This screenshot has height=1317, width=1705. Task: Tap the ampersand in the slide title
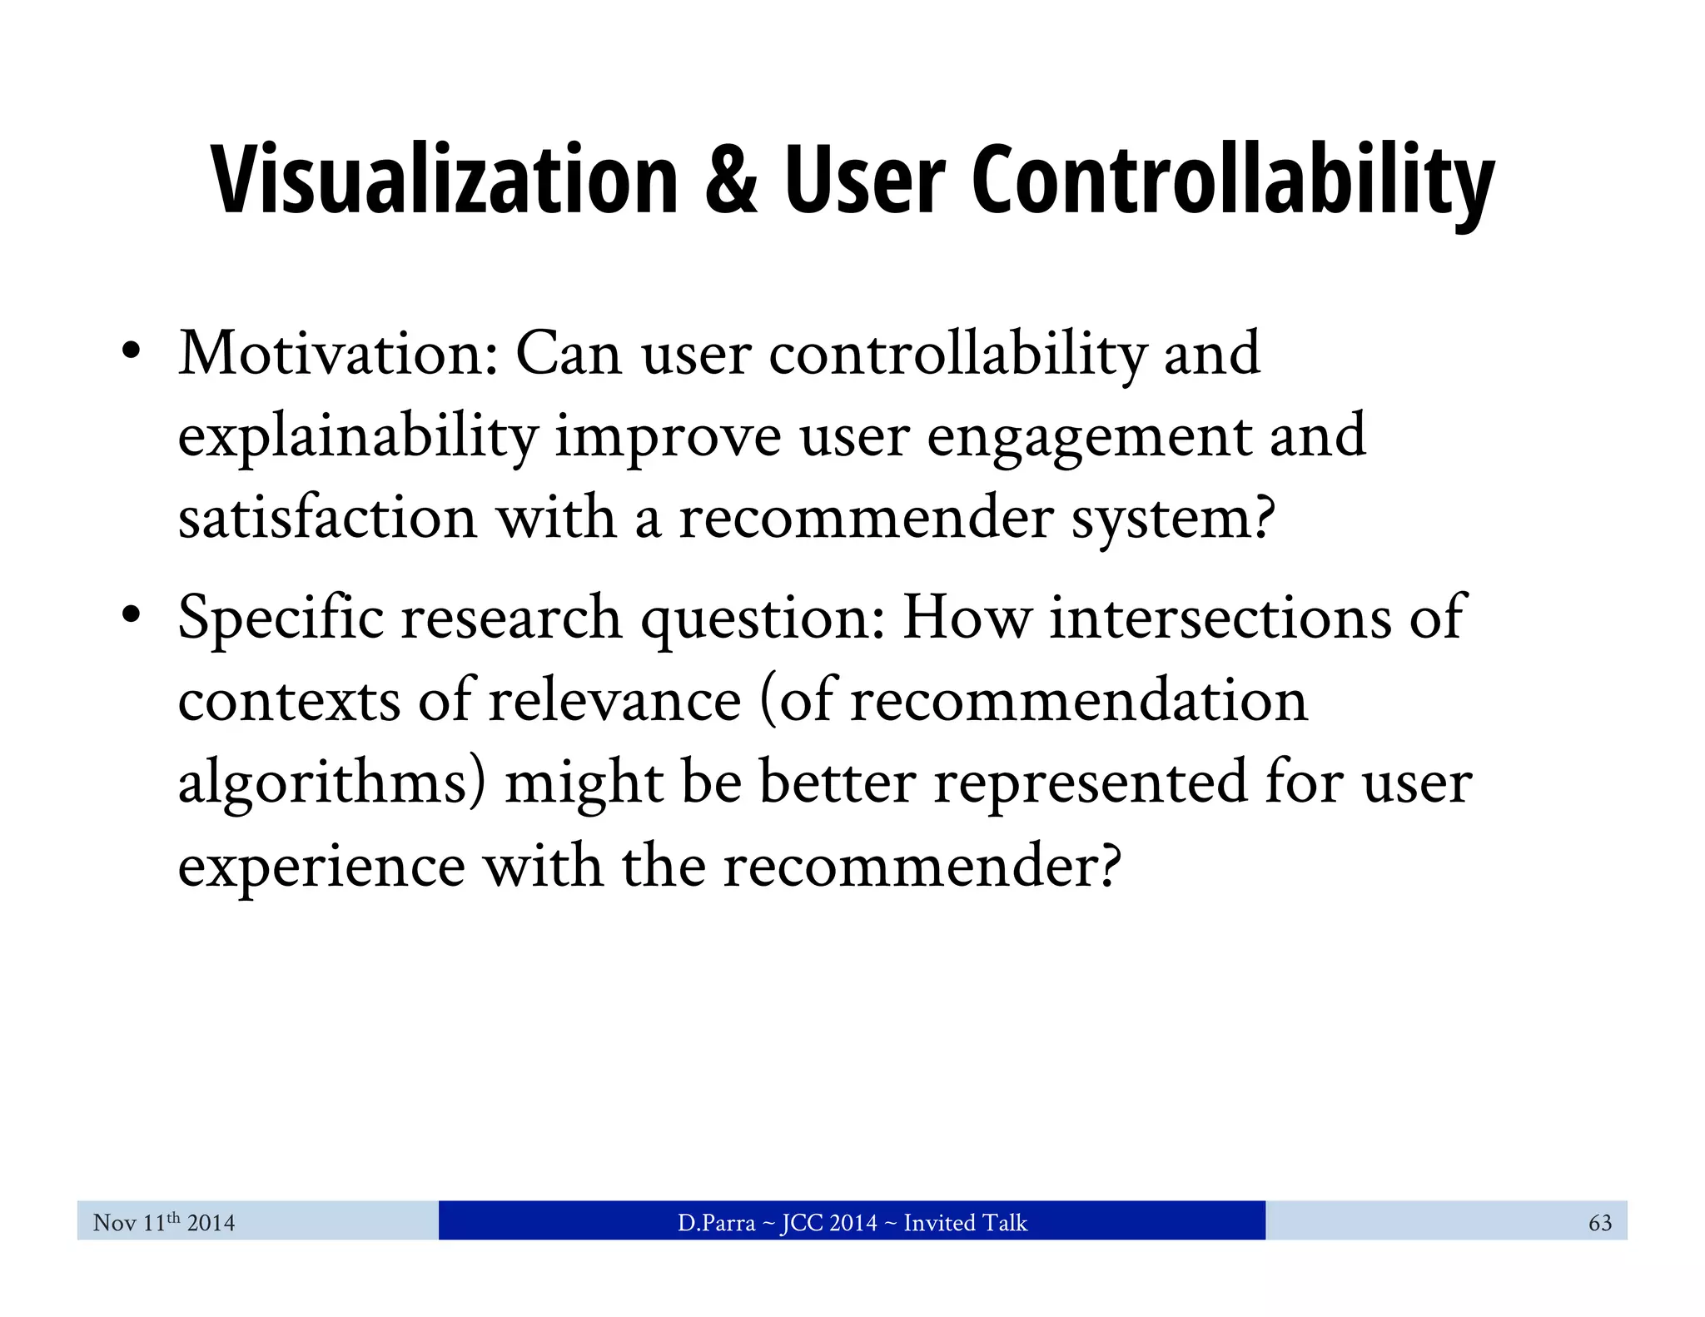[x=730, y=181]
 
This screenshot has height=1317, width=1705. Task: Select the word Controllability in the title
[x=1232, y=181]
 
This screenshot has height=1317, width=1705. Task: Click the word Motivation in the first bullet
[x=337, y=354]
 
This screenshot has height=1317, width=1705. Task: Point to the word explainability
[x=358, y=437]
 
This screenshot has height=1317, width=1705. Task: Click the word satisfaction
[x=327, y=518]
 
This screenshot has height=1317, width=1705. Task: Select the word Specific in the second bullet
[x=281, y=618]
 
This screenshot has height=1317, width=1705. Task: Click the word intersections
[x=1220, y=618]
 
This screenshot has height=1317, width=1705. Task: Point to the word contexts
[x=289, y=700]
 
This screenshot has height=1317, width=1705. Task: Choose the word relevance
[x=614, y=700]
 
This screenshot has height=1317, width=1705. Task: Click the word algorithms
[x=331, y=783]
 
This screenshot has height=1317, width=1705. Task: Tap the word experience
[x=321, y=867]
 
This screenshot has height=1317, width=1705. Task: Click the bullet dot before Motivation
[x=130, y=353]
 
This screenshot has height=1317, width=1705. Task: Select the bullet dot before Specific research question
[x=130, y=617]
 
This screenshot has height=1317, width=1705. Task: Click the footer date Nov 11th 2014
[x=164, y=1222]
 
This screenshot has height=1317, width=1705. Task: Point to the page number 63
[x=1599, y=1222]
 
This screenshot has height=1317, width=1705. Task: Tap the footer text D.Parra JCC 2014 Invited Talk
[x=852, y=1222]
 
